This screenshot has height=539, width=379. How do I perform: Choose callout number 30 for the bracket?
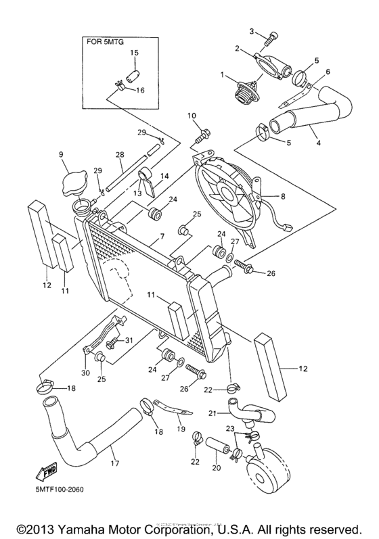(x=85, y=372)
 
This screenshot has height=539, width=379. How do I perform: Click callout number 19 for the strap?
(x=181, y=427)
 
